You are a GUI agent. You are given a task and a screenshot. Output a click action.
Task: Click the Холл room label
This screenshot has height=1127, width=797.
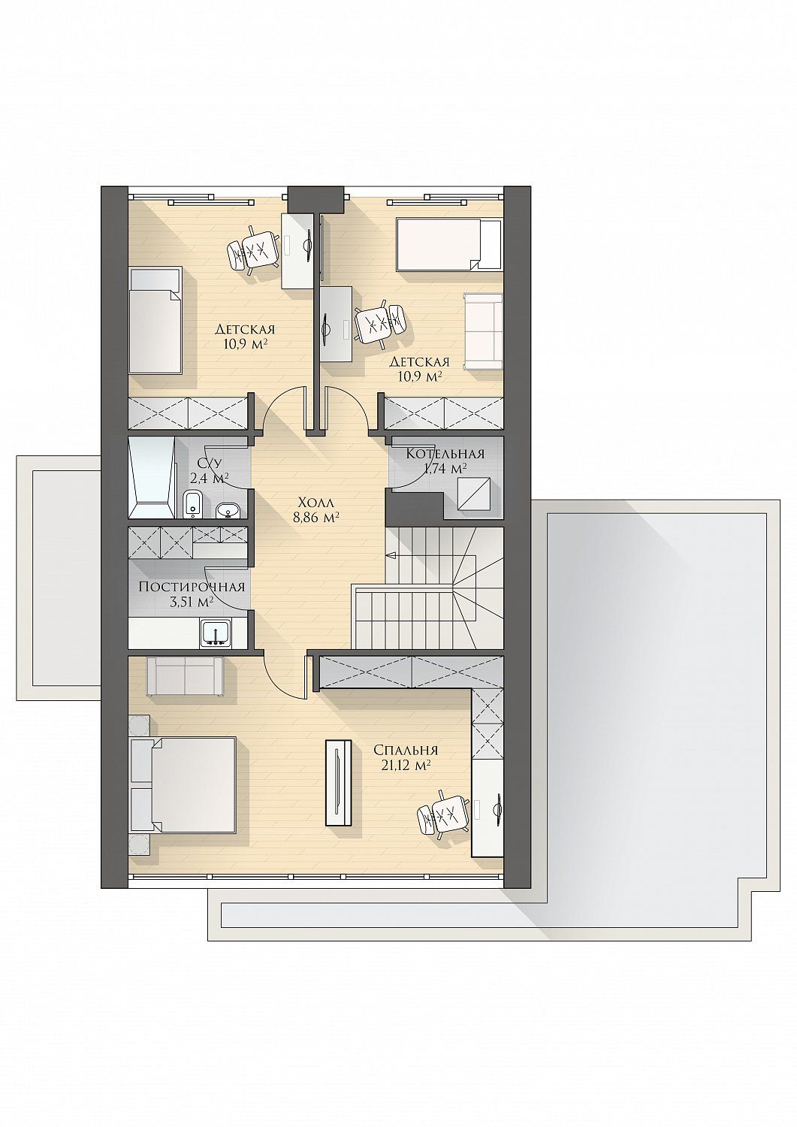[x=316, y=502]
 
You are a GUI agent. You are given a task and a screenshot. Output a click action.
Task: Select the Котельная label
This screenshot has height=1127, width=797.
[x=445, y=454]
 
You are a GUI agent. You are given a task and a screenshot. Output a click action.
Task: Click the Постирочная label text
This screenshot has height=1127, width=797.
[x=192, y=587]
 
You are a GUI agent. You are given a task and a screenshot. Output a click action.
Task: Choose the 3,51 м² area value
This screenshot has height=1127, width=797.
[x=192, y=603]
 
